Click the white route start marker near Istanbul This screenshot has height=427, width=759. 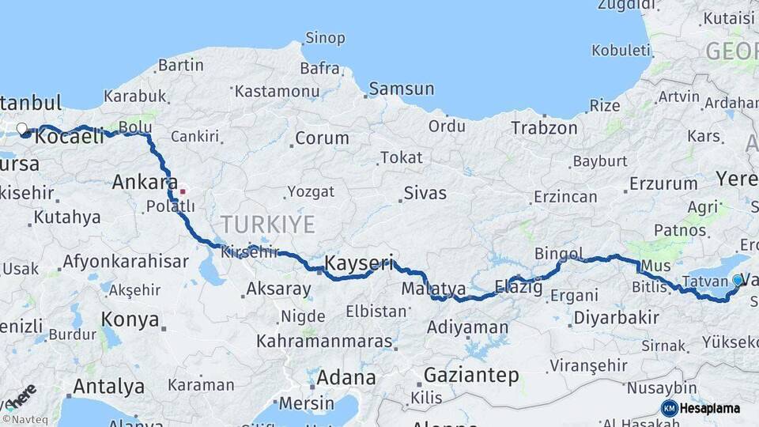pyautogui.click(x=22, y=127)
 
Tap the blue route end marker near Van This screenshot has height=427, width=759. pyautogui.click(x=738, y=279)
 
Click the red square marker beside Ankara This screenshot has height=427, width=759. pyautogui.click(x=183, y=191)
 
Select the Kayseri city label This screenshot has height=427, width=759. pyautogui.click(x=359, y=263)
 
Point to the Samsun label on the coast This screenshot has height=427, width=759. pyautogui.click(x=401, y=89)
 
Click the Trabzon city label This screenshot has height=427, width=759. pyautogui.click(x=544, y=127)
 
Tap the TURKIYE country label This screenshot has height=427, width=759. pyautogui.click(x=268, y=225)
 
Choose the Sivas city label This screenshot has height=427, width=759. pyautogui.click(x=425, y=193)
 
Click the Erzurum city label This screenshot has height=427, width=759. pyautogui.click(x=663, y=184)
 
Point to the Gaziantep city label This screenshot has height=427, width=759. pyautogui.click(x=471, y=375)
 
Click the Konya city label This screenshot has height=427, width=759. pyautogui.click(x=130, y=319)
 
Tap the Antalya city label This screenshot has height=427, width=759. pyautogui.click(x=108, y=387)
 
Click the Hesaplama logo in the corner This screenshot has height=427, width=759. pyautogui.click(x=701, y=408)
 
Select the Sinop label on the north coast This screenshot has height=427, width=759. pyautogui.click(x=324, y=38)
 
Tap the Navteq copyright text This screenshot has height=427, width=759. pyautogui.click(x=21, y=419)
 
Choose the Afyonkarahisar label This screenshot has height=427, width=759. pyautogui.click(x=126, y=261)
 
